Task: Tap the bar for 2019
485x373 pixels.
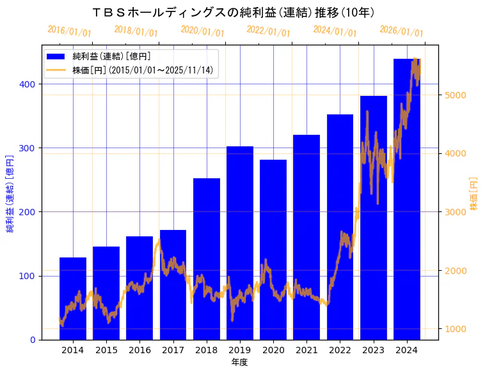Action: [x=240, y=243]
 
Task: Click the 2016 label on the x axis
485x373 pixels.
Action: [x=139, y=350]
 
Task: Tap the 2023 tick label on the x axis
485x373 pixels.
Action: [x=373, y=350]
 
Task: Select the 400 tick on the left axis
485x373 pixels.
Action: [x=29, y=84]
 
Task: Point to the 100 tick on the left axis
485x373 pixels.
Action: [x=29, y=276]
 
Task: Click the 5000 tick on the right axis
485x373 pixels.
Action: [x=456, y=95]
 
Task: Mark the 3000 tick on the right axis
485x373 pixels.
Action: [x=456, y=212]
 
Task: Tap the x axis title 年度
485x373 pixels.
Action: [x=239, y=362]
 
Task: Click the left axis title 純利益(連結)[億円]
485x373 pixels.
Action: [x=10, y=193]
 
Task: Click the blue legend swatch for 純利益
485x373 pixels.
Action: [x=56, y=57]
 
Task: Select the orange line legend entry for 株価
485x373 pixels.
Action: [x=56, y=70]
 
